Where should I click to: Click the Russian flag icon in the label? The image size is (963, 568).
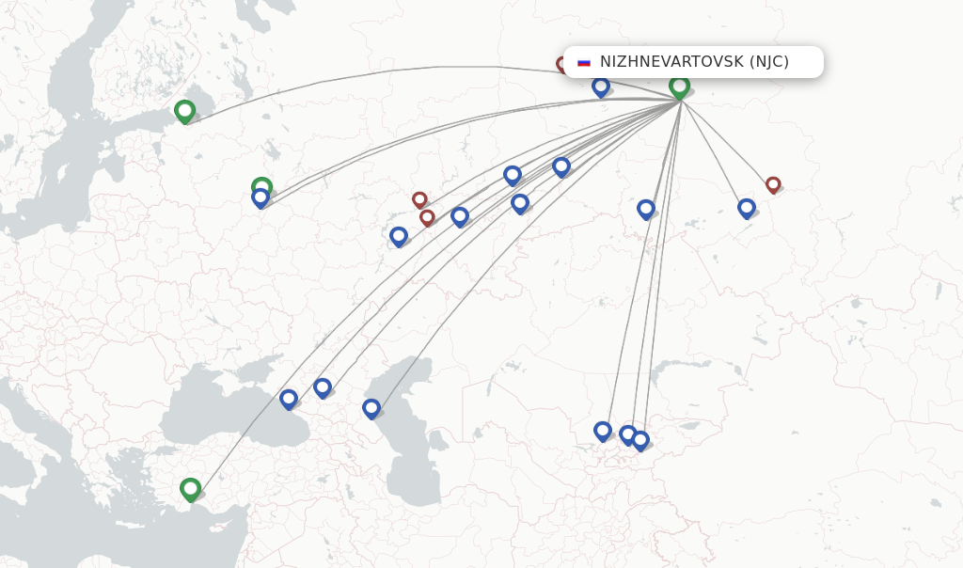click(584, 62)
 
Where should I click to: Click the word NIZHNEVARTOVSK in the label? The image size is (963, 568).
click(671, 62)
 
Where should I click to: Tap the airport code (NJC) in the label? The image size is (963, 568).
click(769, 62)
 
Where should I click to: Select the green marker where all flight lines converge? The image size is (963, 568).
click(679, 87)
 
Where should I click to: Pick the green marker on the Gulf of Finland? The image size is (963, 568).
click(184, 111)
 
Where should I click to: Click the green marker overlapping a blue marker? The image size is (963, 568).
click(262, 187)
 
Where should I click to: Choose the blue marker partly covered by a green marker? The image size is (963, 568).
click(260, 199)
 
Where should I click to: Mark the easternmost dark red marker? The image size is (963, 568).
click(773, 185)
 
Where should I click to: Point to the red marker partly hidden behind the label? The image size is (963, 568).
click(562, 65)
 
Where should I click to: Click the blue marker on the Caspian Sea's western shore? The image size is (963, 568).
click(371, 408)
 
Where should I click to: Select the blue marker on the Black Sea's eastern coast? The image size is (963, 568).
click(289, 399)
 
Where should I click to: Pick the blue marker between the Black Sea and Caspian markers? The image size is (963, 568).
click(323, 387)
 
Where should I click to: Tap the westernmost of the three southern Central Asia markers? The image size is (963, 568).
click(603, 431)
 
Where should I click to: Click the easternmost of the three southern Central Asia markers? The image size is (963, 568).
click(640, 440)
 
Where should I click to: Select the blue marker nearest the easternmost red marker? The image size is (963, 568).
click(747, 207)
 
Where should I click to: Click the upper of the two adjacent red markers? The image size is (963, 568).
click(419, 199)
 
